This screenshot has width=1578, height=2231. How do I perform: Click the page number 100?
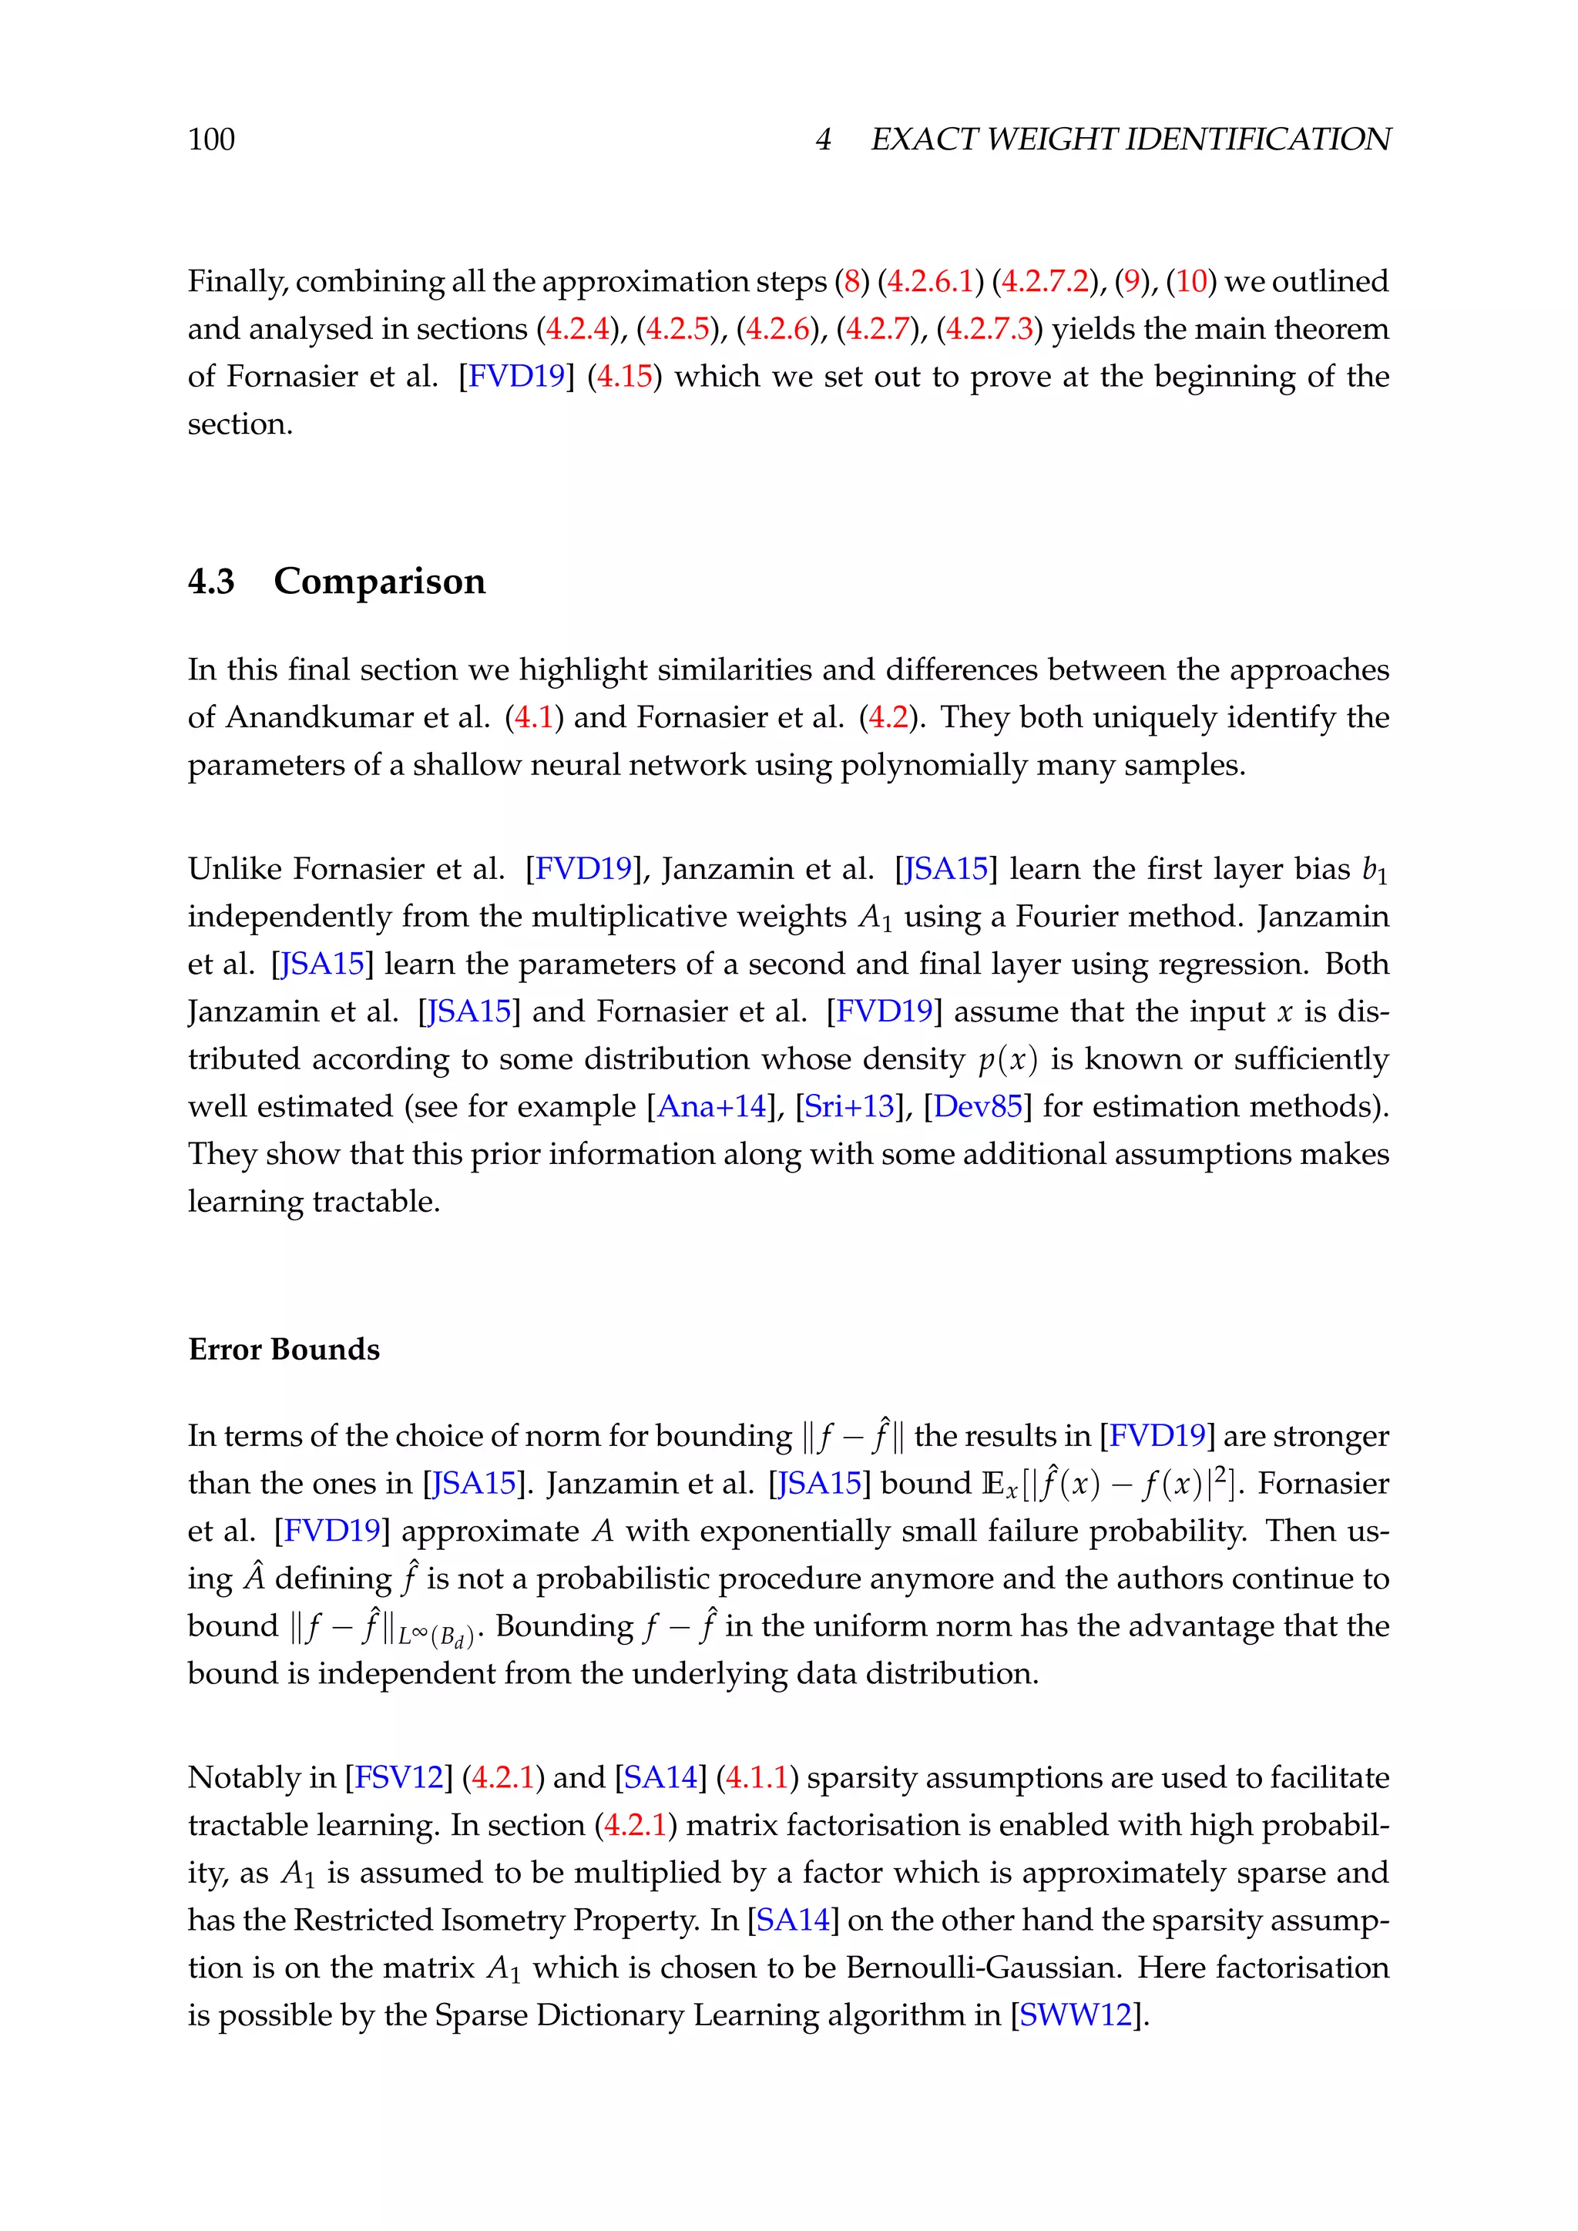(x=211, y=140)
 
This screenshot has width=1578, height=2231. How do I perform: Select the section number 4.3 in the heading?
(x=211, y=581)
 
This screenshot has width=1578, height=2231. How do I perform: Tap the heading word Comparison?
(x=379, y=581)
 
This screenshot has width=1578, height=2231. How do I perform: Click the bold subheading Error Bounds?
(x=284, y=1350)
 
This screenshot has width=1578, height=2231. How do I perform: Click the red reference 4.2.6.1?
(x=930, y=282)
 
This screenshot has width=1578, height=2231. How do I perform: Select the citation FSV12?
(x=398, y=1777)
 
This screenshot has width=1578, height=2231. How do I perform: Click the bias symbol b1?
(x=1374, y=870)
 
